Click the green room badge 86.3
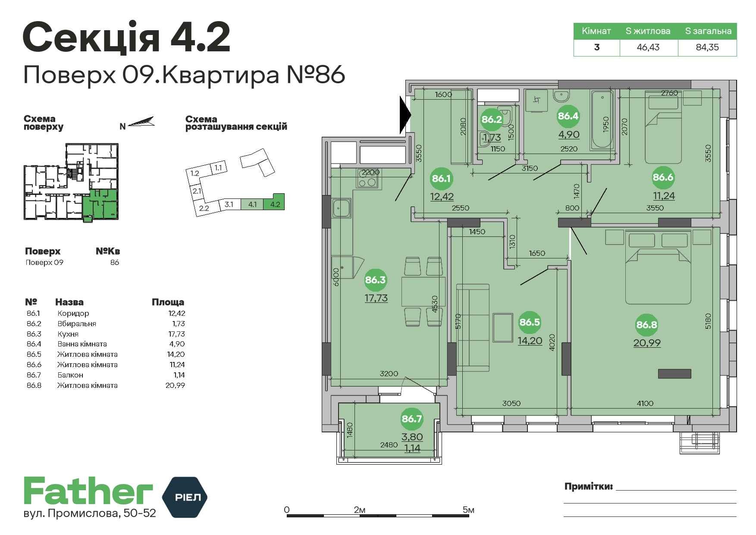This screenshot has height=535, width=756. (375, 280)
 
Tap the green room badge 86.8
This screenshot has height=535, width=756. (646, 325)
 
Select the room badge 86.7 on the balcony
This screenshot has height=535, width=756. (412, 419)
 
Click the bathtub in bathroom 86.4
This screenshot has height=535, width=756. (602, 120)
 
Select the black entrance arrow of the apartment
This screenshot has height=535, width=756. (406, 115)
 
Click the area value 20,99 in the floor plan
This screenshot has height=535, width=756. (647, 343)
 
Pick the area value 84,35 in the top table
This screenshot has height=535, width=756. (707, 47)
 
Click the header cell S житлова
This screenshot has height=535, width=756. (648, 31)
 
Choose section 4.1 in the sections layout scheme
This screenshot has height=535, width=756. (253, 204)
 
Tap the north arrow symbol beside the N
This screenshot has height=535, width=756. (141, 122)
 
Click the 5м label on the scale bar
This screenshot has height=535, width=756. (468, 510)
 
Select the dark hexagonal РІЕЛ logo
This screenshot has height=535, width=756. (185, 497)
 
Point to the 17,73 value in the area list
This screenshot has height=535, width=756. (176, 334)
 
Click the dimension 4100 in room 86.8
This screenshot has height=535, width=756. (645, 403)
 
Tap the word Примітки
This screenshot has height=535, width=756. (589, 487)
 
